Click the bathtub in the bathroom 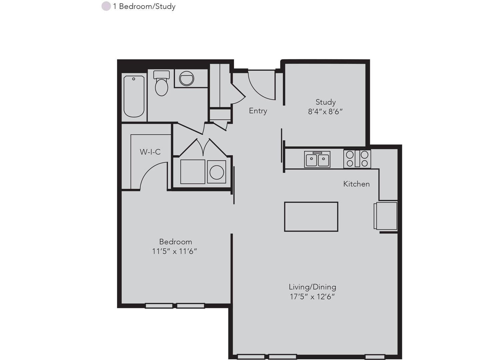click(134, 97)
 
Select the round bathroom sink click(187, 78)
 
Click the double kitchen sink click(317, 159)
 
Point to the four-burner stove click(357, 159)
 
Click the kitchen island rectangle click(311, 216)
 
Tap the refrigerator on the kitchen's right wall click(385, 216)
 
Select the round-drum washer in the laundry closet click(216, 172)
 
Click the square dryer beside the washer click(193, 172)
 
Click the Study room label click(326, 102)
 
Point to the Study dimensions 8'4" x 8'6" click(325, 112)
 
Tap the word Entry click(258, 111)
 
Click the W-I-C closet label click(150, 152)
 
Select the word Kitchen click(357, 184)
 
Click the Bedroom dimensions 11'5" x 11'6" click(175, 251)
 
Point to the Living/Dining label click(313, 287)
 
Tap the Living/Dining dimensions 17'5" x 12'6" click(313, 297)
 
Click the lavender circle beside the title click(106, 6)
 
